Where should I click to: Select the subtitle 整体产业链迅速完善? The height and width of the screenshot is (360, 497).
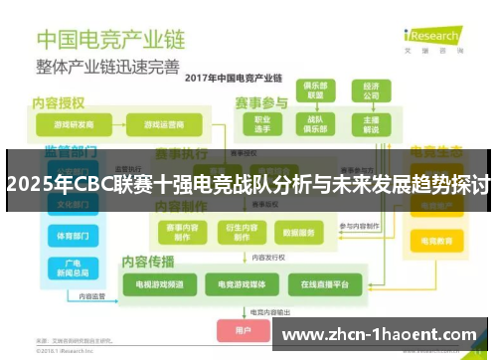point(108,67)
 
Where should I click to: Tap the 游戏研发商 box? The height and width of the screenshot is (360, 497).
point(68,125)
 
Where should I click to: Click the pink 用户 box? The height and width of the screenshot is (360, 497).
point(245,329)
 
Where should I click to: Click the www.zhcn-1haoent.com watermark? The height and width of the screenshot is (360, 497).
point(384,334)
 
